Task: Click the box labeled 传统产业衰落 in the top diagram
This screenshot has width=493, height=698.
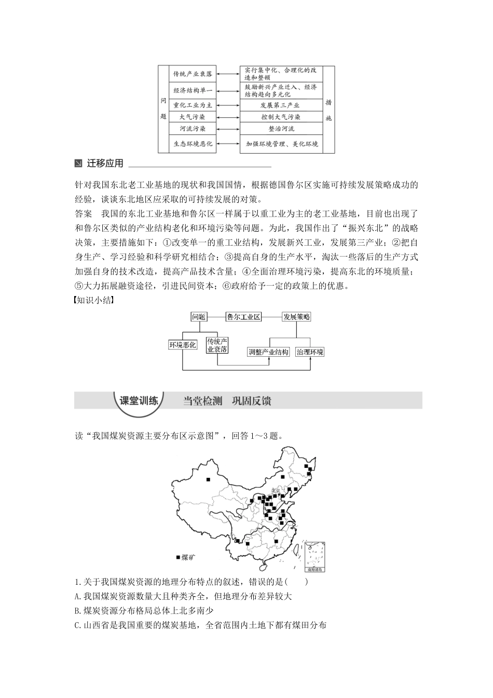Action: pyautogui.click(x=193, y=74)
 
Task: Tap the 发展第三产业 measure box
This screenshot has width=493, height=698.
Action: pyautogui.click(x=280, y=105)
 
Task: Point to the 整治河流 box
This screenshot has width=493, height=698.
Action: pyautogui.click(x=280, y=128)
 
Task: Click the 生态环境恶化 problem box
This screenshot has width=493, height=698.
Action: pyautogui.click(x=193, y=144)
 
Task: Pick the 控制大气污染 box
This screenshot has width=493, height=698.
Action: pyautogui.click(x=280, y=117)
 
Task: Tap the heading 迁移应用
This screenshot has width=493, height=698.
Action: pyautogui.click(x=105, y=164)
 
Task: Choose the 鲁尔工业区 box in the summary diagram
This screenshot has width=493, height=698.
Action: pyautogui.click(x=243, y=317)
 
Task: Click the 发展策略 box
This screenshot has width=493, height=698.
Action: pyautogui.click(x=296, y=317)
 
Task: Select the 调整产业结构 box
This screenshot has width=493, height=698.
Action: pyautogui.click(x=268, y=352)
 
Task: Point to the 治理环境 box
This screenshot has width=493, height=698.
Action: pyautogui.click(x=310, y=352)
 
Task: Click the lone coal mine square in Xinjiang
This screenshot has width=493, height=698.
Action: pyautogui.click(x=208, y=479)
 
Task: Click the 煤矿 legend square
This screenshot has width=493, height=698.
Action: pyautogui.click(x=178, y=557)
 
